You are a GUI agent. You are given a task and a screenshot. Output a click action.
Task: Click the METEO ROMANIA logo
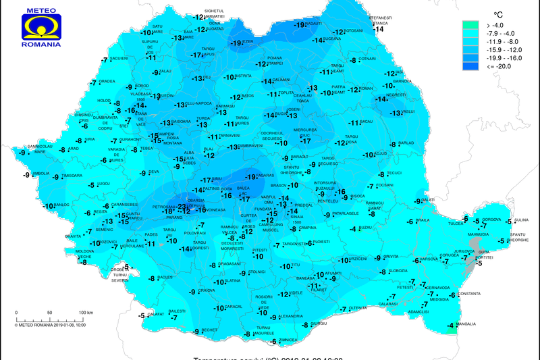[x=41, y=27]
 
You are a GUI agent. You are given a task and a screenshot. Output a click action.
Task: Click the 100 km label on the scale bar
[x=85, y=313]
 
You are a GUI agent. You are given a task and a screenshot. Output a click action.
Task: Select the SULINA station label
[x=522, y=220]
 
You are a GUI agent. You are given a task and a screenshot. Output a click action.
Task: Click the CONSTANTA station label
[x=469, y=294]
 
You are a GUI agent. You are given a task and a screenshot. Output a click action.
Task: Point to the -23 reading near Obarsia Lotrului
[x=182, y=207]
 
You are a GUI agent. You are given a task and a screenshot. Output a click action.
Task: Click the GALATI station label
[x=427, y=200]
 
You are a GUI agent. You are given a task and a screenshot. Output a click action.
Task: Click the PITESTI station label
[x=260, y=251]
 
